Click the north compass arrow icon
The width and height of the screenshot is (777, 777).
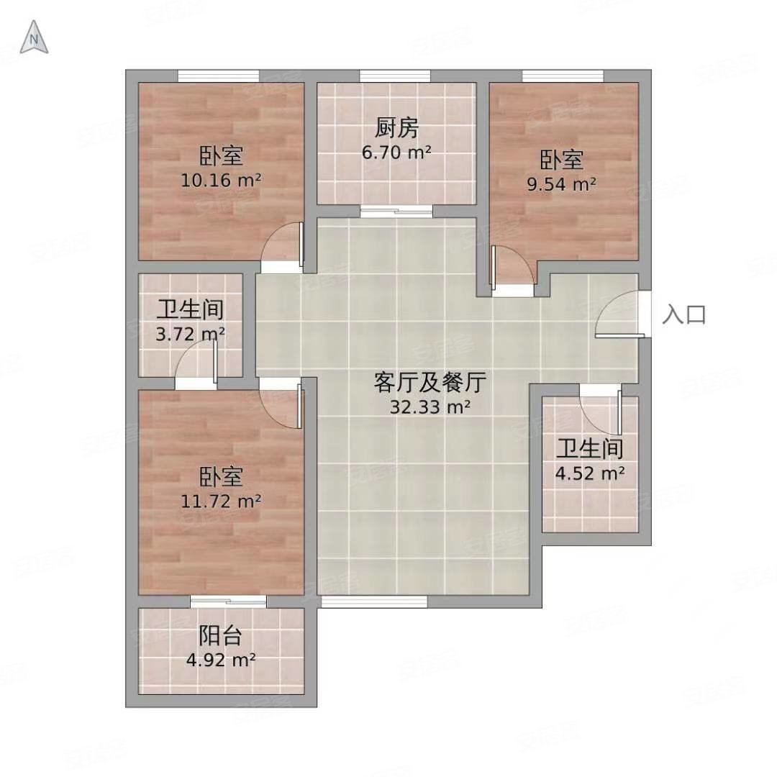[34, 37]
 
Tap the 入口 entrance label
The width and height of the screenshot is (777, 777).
[683, 315]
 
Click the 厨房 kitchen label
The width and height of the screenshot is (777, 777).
[396, 128]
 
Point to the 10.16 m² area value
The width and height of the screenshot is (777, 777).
[221, 180]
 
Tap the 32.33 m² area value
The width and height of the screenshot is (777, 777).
[430, 407]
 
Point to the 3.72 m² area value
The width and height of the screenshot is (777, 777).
[191, 334]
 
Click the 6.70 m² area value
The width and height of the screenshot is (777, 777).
[396, 153]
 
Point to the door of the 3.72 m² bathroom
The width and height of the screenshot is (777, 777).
[197, 360]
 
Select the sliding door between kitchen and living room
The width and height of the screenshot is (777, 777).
[396, 211]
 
